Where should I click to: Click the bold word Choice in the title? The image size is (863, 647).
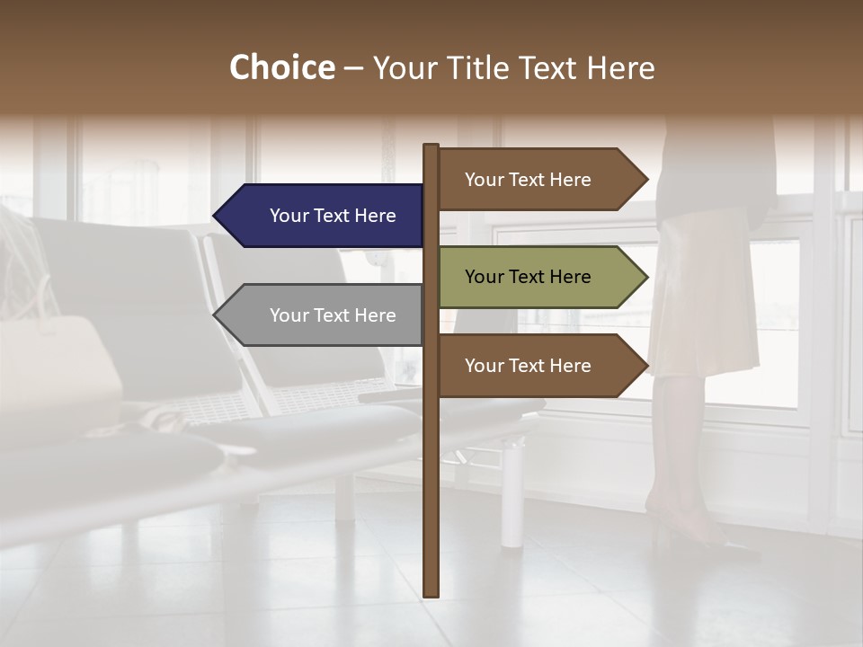click(x=281, y=68)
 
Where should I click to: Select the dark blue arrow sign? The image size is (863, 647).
click(x=324, y=216)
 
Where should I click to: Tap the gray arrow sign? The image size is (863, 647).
click(x=324, y=315)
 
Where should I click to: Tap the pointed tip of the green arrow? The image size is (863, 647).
click(x=646, y=277)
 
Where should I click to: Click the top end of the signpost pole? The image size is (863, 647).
click(x=431, y=146)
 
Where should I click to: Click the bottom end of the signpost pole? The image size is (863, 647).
click(x=431, y=594)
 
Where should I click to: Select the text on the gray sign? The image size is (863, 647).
click(x=333, y=315)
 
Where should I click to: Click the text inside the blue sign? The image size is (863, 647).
click(x=333, y=216)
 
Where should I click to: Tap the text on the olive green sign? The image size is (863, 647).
click(x=528, y=277)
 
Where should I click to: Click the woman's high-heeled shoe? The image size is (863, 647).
click(x=710, y=539)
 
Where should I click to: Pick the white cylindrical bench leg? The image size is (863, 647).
click(x=512, y=494)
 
